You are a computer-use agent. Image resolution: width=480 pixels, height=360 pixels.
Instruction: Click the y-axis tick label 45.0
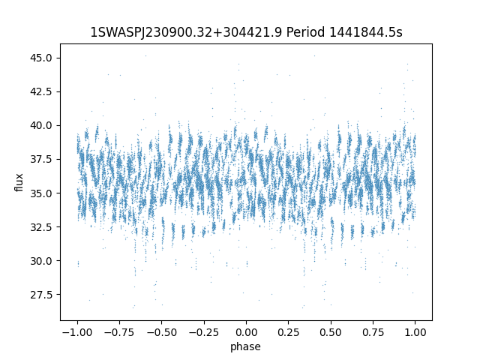(42, 58)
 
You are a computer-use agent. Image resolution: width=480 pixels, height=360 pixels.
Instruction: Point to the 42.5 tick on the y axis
(42, 91)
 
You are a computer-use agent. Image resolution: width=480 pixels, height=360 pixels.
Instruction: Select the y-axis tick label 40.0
(42, 125)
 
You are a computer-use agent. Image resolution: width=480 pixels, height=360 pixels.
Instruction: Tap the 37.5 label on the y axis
(42, 159)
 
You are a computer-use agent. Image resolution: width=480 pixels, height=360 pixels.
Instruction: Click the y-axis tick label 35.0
(42, 193)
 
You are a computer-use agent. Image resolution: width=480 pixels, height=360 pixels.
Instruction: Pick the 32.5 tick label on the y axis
(42, 226)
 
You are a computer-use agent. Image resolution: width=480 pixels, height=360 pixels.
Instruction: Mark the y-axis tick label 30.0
(42, 260)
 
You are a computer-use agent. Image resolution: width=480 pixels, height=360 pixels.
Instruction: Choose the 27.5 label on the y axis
(42, 294)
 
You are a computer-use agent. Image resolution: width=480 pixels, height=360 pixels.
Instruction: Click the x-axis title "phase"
(245, 346)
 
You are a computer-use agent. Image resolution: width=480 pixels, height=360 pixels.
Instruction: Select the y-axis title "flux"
(19, 182)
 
